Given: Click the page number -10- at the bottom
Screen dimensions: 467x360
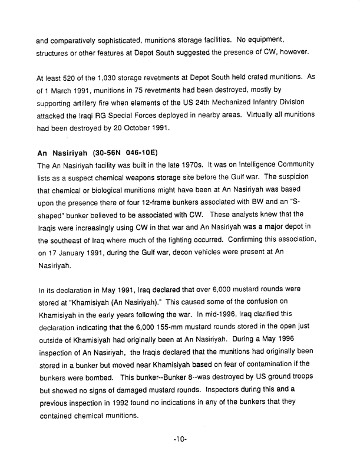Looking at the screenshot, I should coord(180,440).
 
